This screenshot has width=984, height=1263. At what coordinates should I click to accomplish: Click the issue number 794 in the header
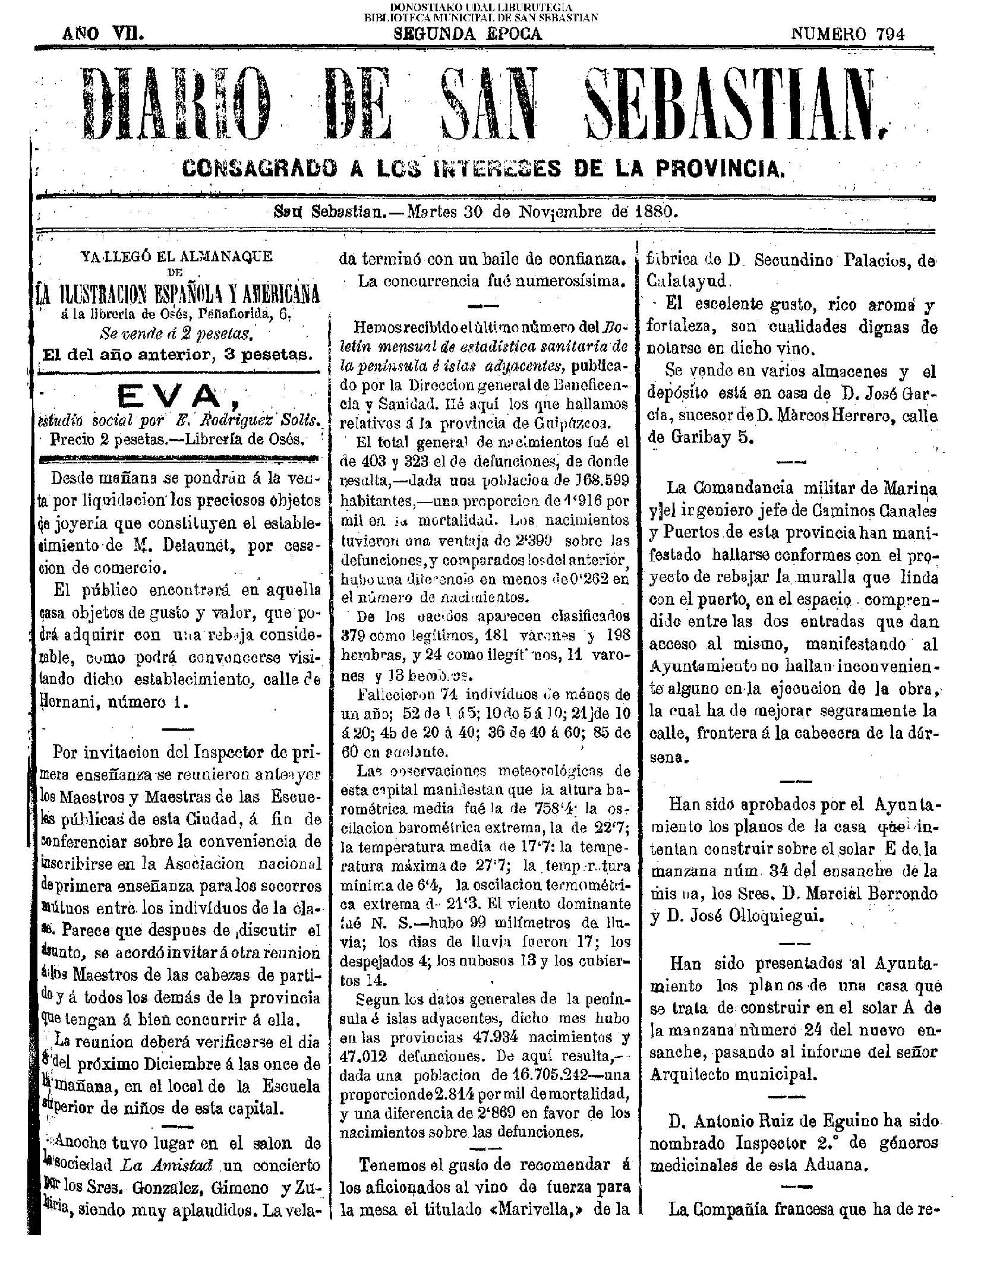point(891,34)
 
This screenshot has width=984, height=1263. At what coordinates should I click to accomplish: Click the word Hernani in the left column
point(67,702)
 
